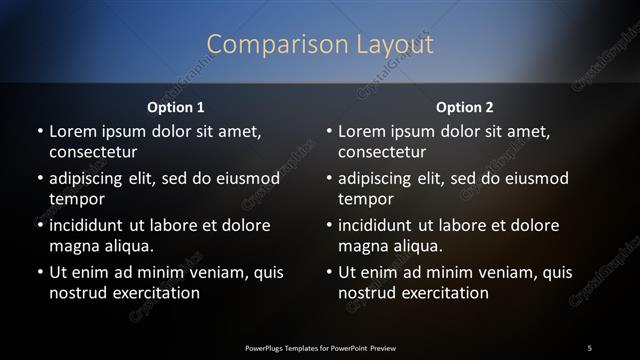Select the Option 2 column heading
point(465,106)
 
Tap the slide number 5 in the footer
point(589,346)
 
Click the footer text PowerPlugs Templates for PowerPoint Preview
point(320,346)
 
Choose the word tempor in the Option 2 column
point(366,199)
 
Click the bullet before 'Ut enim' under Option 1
point(39,272)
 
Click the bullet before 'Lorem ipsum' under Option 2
point(329,131)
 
